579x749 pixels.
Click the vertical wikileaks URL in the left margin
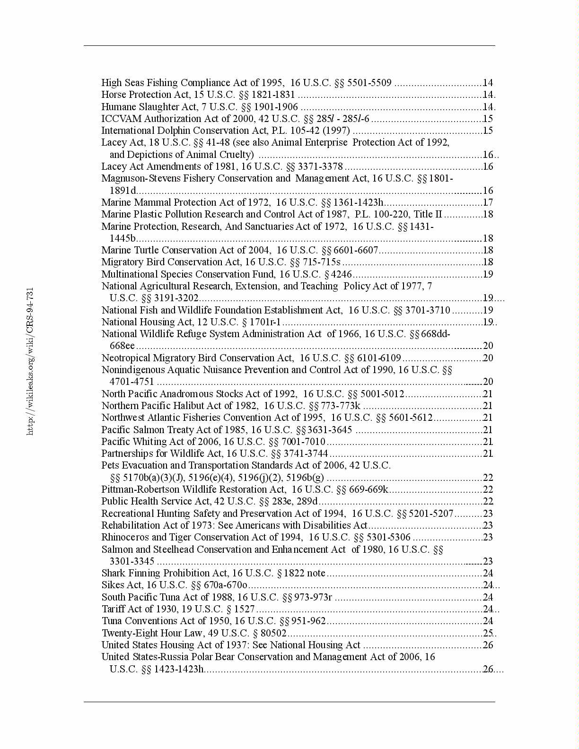[30, 362]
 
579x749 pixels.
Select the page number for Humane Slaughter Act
[488, 107]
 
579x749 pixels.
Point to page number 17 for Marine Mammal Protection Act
[488, 202]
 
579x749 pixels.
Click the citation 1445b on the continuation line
[123, 238]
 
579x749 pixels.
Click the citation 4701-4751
[132, 382]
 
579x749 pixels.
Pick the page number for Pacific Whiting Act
[488, 442]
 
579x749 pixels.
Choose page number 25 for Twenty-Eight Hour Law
[488, 633]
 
